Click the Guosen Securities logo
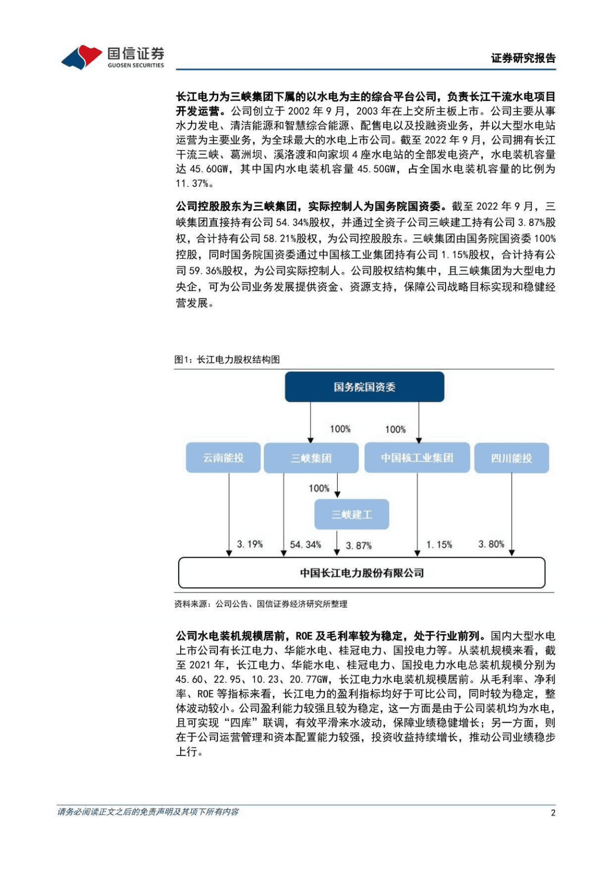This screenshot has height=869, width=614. tap(113, 57)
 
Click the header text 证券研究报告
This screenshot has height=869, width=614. tap(523, 58)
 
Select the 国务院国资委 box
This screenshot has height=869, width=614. tap(364, 387)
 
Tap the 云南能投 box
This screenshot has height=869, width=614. tap(223, 457)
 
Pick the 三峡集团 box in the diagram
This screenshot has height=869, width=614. tap(311, 458)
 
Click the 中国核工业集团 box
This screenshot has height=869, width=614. tap(417, 457)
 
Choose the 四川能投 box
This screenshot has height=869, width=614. tap(511, 458)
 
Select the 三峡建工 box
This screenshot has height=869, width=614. tap(352, 514)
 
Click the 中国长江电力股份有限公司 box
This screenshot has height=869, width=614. tap(361, 573)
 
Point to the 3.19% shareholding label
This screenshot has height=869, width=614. tap(250, 544)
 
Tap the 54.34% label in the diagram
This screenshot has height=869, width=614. tap(305, 544)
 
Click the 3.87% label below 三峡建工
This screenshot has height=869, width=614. tap(358, 545)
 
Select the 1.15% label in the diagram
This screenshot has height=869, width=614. tap(439, 544)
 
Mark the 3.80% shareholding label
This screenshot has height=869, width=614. tap(491, 544)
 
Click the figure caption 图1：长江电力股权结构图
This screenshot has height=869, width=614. tap(227, 359)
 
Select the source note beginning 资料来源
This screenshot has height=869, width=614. tap(261, 604)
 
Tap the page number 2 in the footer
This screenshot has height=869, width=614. tap(553, 813)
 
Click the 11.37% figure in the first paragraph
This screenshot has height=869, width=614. tap(192, 183)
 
